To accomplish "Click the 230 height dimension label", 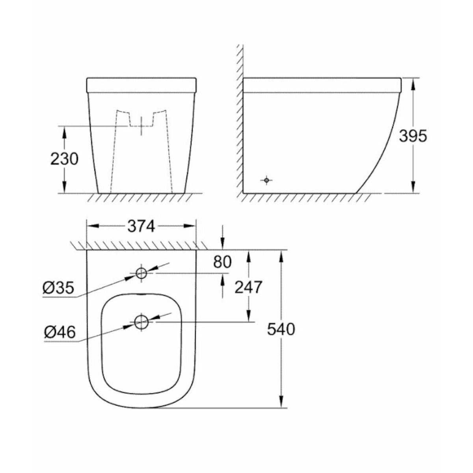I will tap(65, 159).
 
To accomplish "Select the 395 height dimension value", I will tap(413, 136).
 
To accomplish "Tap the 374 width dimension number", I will tap(141, 226).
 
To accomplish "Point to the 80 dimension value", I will tap(222, 262).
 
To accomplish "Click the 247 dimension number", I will tap(248, 287).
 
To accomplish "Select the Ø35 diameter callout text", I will tap(58, 288).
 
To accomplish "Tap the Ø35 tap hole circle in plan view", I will tap(141, 273).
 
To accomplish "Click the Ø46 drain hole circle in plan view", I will tap(141, 322).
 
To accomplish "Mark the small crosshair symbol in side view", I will tap(267, 180).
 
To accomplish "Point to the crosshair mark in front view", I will tap(141, 126).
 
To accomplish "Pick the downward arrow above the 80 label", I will tap(222, 244).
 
